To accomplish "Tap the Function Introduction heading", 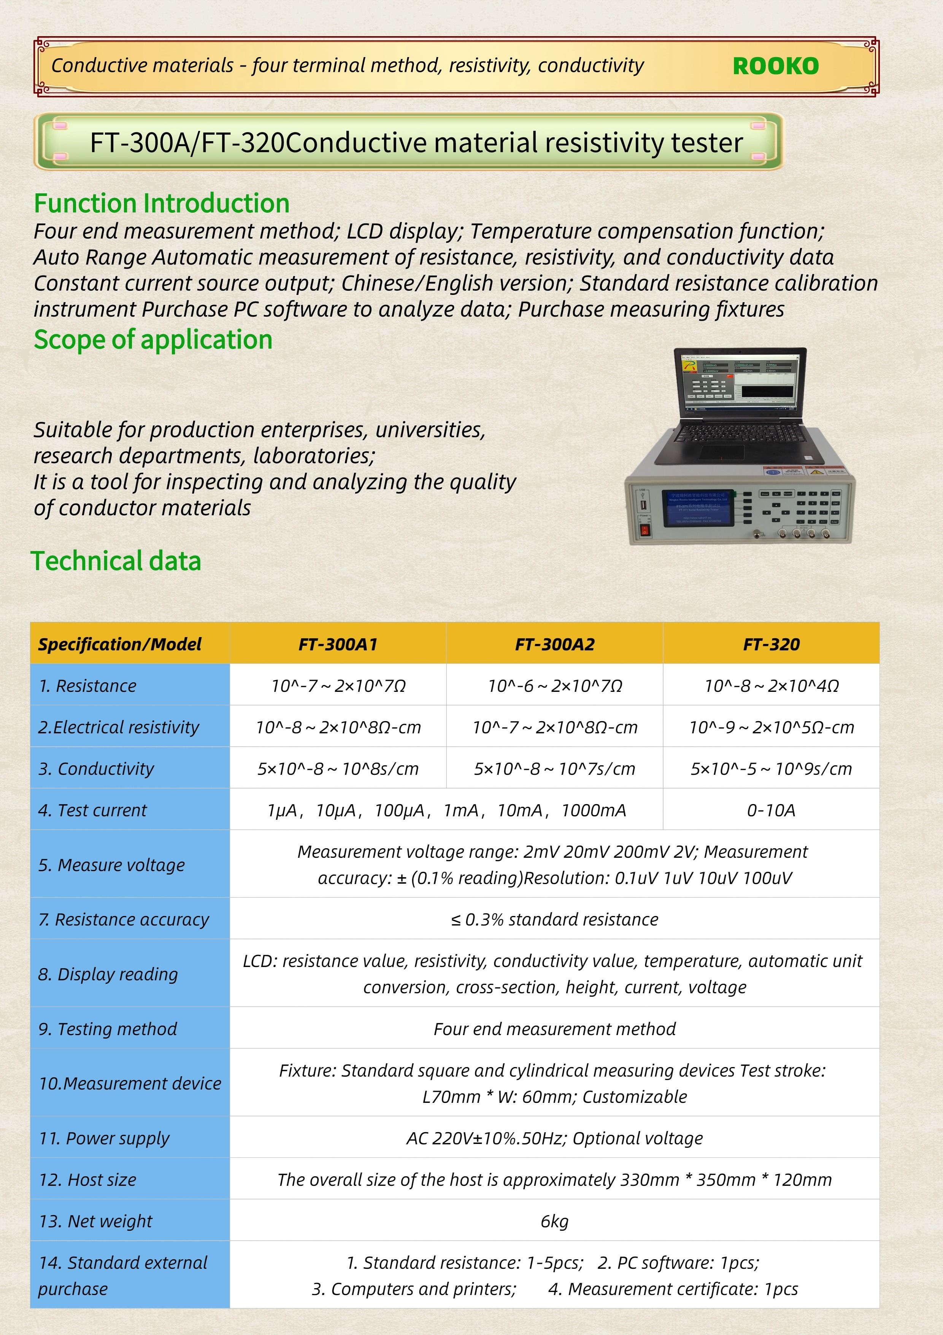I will click(162, 204).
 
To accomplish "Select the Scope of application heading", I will click(153, 339).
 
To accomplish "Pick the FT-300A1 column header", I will click(338, 644).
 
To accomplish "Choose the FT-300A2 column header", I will click(554, 644).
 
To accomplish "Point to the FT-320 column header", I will click(771, 644).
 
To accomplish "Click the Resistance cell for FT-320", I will click(771, 686).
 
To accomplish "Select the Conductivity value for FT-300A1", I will click(338, 769).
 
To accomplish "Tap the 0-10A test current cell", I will click(771, 810).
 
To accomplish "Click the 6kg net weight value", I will click(554, 1221).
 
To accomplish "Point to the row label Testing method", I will click(108, 1029).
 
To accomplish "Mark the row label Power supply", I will click(104, 1138).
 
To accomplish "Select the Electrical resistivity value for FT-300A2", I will click(554, 727).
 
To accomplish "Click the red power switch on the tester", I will click(644, 530).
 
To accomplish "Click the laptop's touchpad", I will click(721, 452).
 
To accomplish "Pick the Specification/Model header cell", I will click(120, 644).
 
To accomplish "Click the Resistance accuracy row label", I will click(123, 919).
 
